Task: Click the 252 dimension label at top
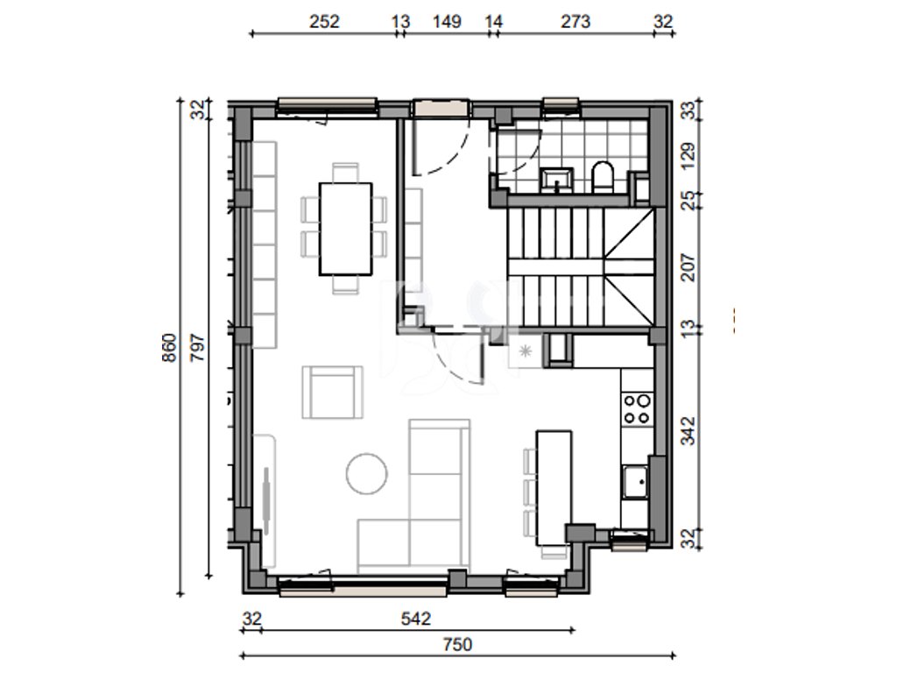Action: tap(324, 22)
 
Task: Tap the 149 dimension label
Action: tap(447, 22)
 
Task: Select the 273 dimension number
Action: tap(575, 22)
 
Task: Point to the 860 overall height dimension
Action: tap(170, 347)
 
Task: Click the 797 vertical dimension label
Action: tap(197, 347)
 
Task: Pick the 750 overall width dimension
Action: tap(457, 645)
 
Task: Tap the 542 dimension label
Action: tap(416, 619)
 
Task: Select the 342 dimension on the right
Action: tap(689, 430)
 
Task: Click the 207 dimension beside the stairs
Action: tap(689, 267)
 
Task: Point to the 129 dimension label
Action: tap(689, 155)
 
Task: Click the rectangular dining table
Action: tap(345, 229)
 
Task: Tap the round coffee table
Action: tap(367, 473)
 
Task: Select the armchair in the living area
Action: tap(332, 392)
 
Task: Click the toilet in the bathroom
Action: tap(603, 177)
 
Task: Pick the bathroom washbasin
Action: tap(557, 179)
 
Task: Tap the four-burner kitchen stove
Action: tap(637, 408)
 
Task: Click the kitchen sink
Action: tap(635, 482)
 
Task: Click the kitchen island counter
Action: tap(554, 488)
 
